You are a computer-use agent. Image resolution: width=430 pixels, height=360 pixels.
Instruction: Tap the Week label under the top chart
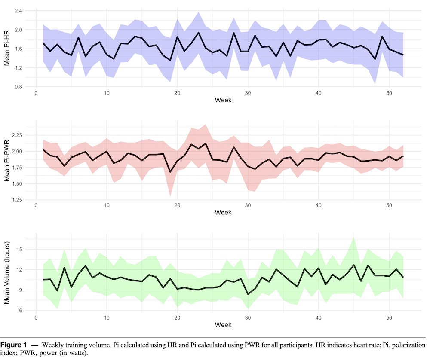click(x=223, y=101)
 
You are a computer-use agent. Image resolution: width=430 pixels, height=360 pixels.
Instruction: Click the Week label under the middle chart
click(x=223, y=212)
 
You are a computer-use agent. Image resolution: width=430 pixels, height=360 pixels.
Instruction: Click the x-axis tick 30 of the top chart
click(x=248, y=93)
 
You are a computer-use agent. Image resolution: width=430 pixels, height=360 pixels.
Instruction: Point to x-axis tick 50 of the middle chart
click(x=389, y=205)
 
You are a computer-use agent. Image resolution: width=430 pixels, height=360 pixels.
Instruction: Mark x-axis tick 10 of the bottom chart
click(x=107, y=317)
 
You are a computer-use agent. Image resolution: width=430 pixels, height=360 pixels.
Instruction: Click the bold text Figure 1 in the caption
click(x=13, y=345)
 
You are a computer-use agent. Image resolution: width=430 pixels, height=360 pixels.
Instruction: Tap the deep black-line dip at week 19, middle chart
click(x=170, y=172)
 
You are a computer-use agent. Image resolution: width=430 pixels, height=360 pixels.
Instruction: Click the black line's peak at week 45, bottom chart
click(x=354, y=265)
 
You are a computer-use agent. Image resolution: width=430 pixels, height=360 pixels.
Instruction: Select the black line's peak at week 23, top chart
click(x=198, y=33)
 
